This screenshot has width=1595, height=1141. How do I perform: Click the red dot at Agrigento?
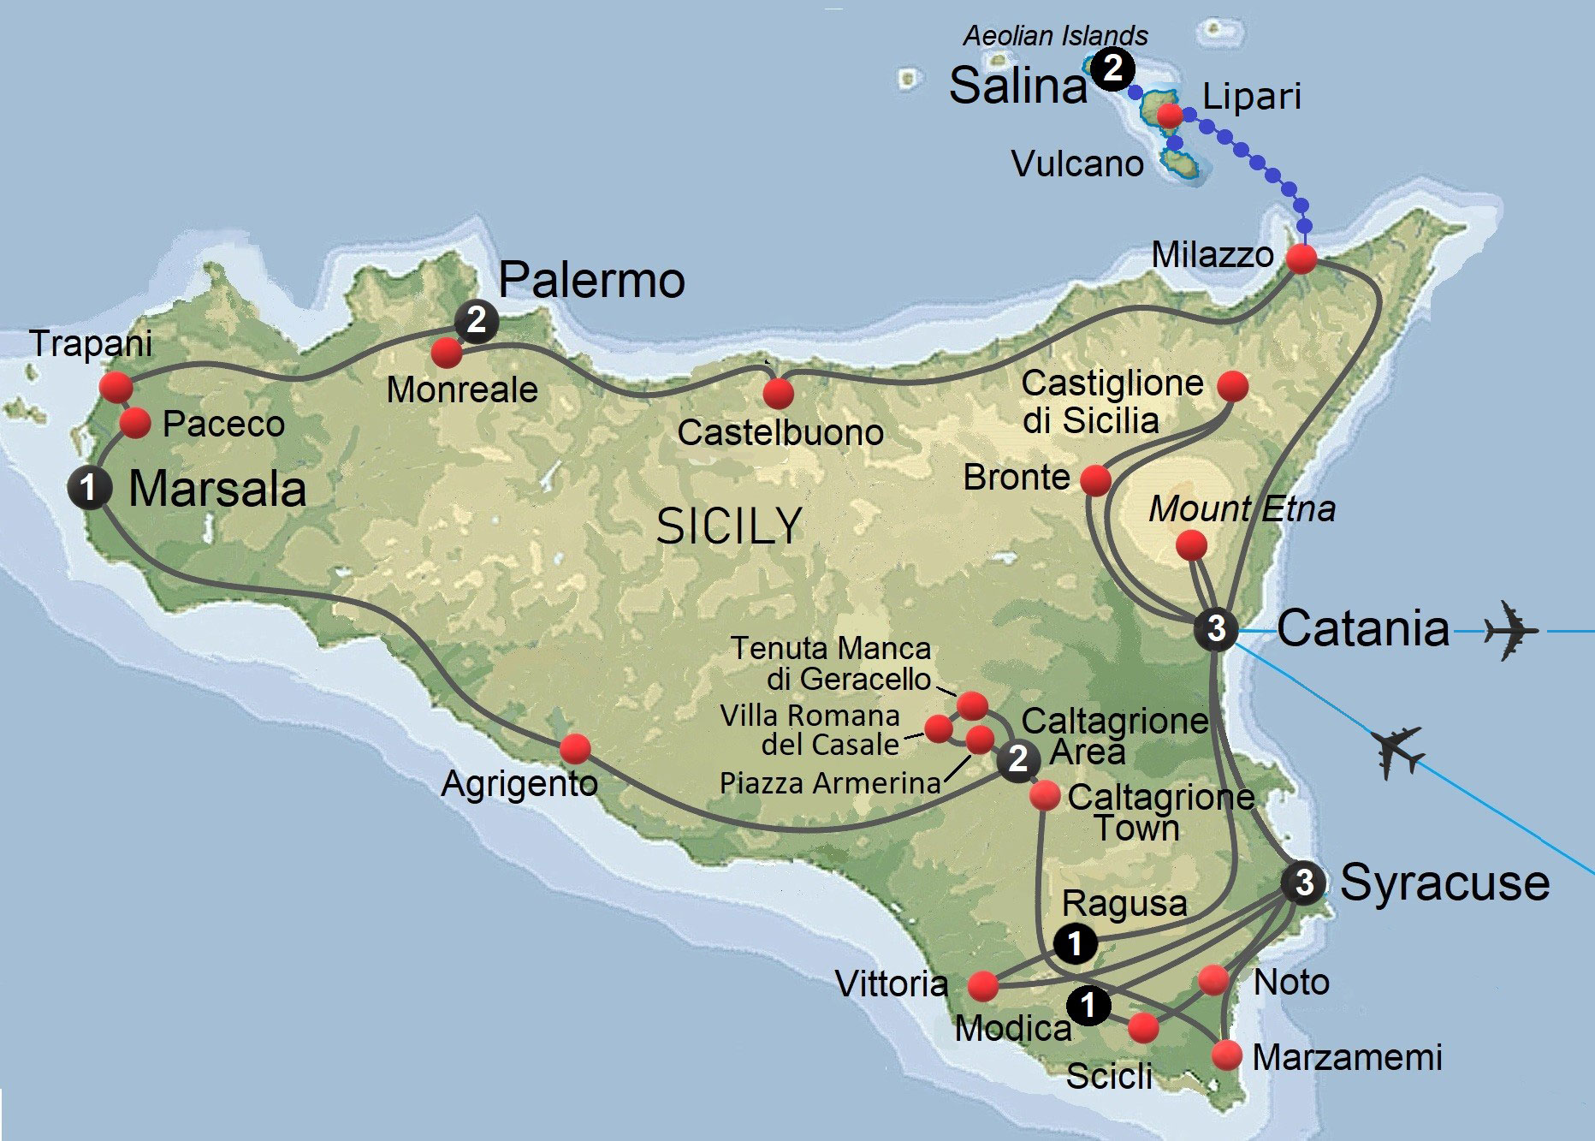pyautogui.click(x=575, y=748)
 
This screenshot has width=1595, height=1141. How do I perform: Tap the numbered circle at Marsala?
pyautogui.click(x=89, y=488)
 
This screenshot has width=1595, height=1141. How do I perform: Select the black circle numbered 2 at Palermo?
pyautogui.click(x=477, y=320)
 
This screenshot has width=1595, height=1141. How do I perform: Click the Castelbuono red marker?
pyautogui.click(x=778, y=394)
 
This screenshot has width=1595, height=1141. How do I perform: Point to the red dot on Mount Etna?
pyautogui.click(x=1191, y=544)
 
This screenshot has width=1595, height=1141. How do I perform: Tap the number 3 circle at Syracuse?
pyautogui.click(x=1303, y=882)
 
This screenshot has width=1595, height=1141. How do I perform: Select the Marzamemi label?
pyautogui.click(x=1347, y=1057)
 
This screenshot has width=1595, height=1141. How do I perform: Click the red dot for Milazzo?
pyautogui.click(x=1301, y=259)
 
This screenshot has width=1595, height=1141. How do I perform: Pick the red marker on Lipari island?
pyautogui.click(x=1169, y=115)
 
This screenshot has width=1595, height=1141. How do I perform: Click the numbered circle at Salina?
pyautogui.click(x=1113, y=68)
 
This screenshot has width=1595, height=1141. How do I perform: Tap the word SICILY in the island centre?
pyautogui.click(x=729, y=526)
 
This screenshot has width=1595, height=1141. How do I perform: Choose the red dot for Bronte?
pyautogui.click(x=1095, y=479)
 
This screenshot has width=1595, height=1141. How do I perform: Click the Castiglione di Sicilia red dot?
pyautogui.click(x=1232, y=385)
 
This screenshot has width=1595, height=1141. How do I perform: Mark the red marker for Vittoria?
pyautogui.click(x=983, y=986)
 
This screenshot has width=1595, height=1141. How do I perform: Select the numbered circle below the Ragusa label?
pyautogui.click(x=1075, y=943)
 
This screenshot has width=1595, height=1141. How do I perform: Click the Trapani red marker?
pyautogui.click(x=116, y=386)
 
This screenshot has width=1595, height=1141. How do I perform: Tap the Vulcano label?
pyautogui.click(x=1077, y=163)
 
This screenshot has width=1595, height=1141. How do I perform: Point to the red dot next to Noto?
pyautogui.click(x=1213, y=979)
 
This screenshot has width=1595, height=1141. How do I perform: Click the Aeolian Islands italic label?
pyautogui.click(x=1055, y=36)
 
